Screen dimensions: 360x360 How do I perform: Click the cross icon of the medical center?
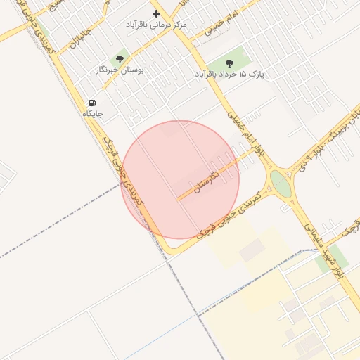coord(156,13)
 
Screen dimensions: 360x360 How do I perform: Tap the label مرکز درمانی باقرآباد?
coord(156,25)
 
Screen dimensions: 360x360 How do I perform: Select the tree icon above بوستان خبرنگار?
coord(120,60)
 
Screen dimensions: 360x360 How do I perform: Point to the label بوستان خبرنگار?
coord(120,70)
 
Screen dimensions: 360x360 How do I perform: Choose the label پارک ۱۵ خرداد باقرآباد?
coord(229,73)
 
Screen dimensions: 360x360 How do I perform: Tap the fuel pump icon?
coord(93,103)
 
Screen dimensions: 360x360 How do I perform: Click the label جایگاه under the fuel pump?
coord(93,113)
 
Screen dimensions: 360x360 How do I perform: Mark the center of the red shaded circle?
coord(181,179)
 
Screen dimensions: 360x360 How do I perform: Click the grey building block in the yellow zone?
coord(252,250)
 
